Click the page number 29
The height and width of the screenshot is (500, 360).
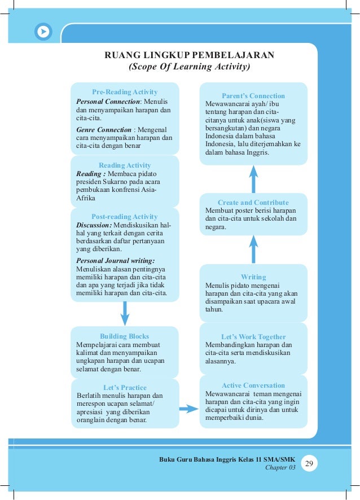pyautogui.click(x=309, y=464)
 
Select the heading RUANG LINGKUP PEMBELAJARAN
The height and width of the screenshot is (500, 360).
pyautogui.click(x=190, y=55)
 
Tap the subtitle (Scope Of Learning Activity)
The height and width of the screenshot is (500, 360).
pyautogui.click(x=190, y=67)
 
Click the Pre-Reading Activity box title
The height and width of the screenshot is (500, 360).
pyautogui.click(x=125, y=92)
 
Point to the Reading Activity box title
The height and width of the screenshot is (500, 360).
pyautogui.click(x=125, y=165)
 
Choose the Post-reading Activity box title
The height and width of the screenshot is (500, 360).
pyautogui.click(x=125, y=217)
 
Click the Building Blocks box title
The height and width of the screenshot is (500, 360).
pyautogui.click(x=125, y=336)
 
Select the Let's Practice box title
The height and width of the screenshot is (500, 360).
pyautogui.click(x=125, y=388)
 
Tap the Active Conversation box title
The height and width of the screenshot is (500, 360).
pyautogui.click(x=253, y=385)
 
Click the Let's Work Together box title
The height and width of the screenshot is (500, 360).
pyautogui.click(x=253, y=337)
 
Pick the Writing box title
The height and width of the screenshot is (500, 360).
pyautogui.click(x=253, y=277)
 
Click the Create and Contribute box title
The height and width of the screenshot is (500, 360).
pyautogui.click(x=253, y=203)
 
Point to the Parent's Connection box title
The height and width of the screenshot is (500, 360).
pyautogui.click(x=253, y=96)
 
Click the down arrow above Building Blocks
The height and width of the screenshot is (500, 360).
pyautogui.click(x=125, y=313)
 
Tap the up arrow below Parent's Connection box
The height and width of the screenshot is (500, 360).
pyautogui.click(x=253, y=178)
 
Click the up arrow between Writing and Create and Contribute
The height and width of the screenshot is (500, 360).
pyautogui.click(x=253, y=249)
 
